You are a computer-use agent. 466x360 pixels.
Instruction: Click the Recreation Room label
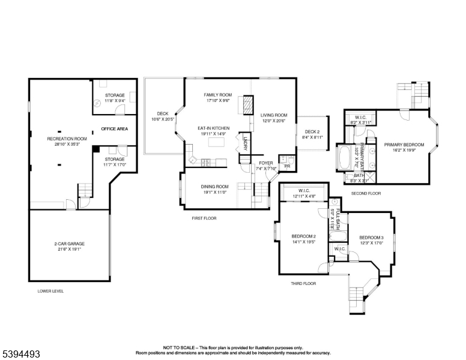[x=67, y=139]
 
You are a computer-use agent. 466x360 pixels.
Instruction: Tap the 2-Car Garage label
[x=70, y=244]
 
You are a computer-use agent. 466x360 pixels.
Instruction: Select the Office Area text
[x=113, y=129]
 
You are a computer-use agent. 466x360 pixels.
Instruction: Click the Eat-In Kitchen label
[x=214, y=128]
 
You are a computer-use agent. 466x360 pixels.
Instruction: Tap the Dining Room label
[x=214, y=187]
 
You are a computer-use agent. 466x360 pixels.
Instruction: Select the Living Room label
[x=273, y=115]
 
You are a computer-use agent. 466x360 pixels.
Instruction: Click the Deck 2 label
[x=312, y=132]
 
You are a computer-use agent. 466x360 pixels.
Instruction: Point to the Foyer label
[x=265, y=163]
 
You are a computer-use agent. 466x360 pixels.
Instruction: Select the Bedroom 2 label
[x=303, y=236]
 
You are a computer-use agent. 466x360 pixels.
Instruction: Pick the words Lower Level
[x=50, y=291]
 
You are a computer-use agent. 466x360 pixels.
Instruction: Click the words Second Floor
[x=366, y=194]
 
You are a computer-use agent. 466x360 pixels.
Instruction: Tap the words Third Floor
[x=303, y=283]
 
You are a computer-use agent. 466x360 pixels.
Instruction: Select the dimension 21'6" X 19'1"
[x=70, y=249]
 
